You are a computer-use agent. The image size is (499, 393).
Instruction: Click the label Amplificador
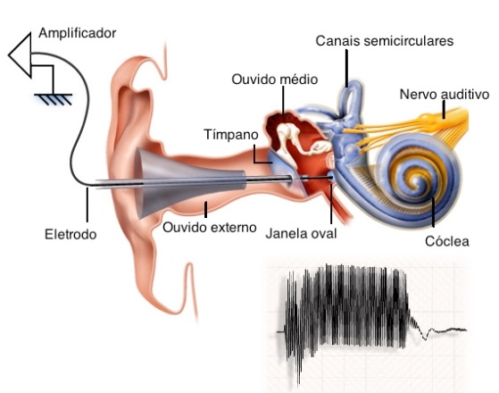pos(77,32)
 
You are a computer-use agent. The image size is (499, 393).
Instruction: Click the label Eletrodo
pos(71,235)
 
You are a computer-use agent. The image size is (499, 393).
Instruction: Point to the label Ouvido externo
pos(210,227)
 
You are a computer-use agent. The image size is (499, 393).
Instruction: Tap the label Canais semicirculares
pos(385,41)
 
